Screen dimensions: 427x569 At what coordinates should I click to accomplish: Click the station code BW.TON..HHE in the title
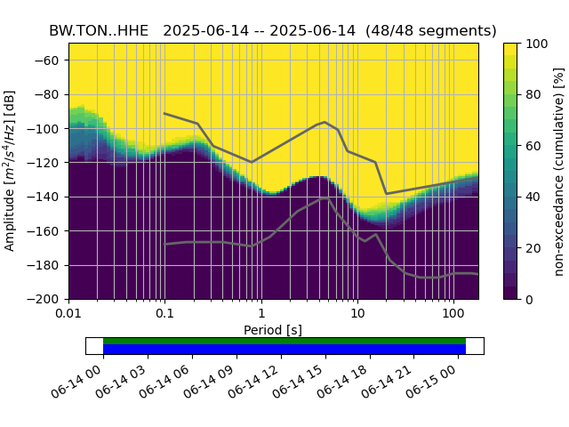point(99,30)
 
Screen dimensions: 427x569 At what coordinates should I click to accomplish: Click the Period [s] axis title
point(273,330)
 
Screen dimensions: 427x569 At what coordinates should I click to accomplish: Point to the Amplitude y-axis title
point(10,171)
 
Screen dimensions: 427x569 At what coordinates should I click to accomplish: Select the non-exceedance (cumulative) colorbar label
point(559,171)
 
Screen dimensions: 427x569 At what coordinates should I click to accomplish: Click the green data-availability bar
point(284,341)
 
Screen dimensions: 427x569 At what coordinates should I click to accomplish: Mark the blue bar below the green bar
point(284,350)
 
